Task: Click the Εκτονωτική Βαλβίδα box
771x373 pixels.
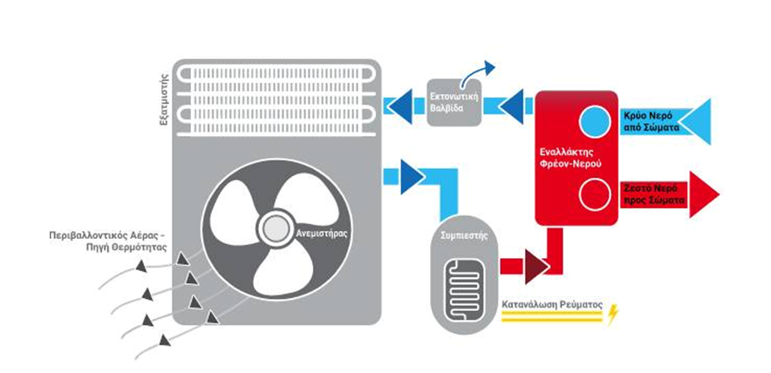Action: coord(454,102)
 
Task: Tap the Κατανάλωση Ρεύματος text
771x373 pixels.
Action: coord(550,306)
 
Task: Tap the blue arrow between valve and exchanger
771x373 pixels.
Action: coord(513,105)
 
